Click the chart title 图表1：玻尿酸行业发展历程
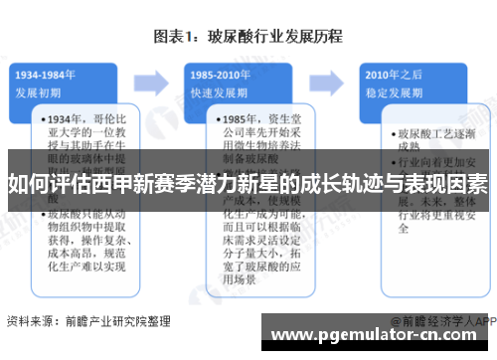pyautogui.click(x=248, y=37)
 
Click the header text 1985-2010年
pyautogui.click(x=217, y=75)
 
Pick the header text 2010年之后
pyautogui.click(x=391, y=75)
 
